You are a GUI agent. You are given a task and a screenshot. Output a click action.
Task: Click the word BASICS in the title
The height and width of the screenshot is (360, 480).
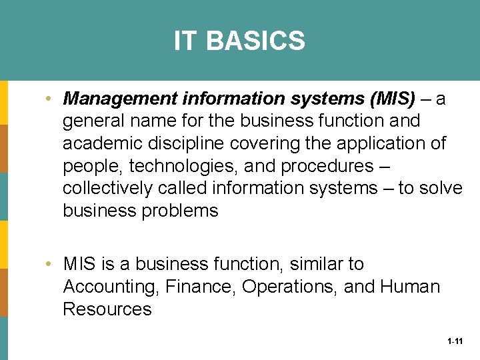click(255, 41)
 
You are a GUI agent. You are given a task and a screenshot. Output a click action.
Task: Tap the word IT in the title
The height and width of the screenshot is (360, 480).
click(186, 41)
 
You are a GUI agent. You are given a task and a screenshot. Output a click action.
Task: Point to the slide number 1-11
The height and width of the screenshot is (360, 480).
click(455, 341)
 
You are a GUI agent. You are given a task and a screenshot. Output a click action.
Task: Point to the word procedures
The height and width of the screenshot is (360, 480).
click(317, 166)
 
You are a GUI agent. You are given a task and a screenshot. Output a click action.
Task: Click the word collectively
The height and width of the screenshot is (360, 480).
click(107, 189)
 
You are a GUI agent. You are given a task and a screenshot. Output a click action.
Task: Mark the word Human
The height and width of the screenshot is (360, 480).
click(410, 287)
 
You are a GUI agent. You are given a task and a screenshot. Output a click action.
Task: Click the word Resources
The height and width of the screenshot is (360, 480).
click(107, 309)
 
